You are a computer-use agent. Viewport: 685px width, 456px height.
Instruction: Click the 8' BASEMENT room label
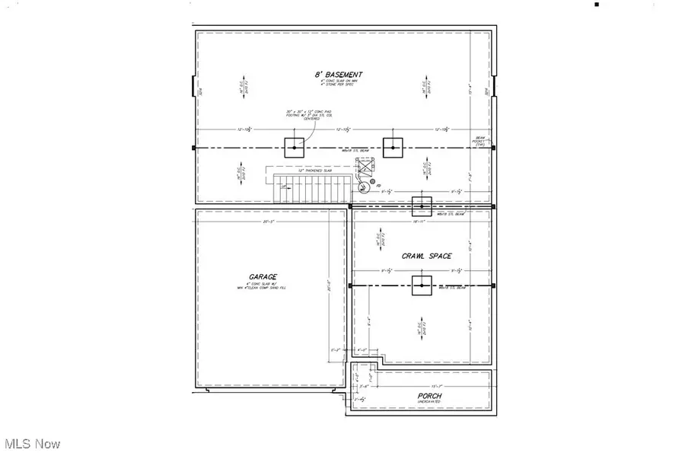(333, 75)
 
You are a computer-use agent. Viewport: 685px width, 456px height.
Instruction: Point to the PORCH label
(430, 396)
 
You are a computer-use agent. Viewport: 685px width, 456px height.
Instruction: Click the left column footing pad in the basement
(294, 147)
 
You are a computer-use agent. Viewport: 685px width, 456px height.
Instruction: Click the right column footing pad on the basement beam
(393, 147)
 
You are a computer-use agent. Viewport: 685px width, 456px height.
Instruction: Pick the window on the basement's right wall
(494, 88)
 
